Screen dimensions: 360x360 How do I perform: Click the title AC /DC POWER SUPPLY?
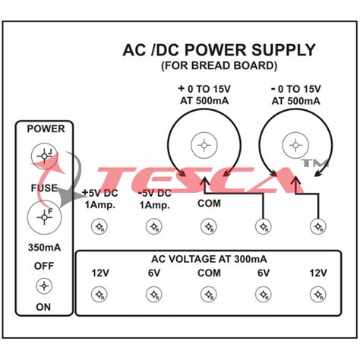coord(219,50)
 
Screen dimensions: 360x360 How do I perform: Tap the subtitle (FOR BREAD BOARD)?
coord(219,66)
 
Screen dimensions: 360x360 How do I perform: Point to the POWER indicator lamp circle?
coord(44,156)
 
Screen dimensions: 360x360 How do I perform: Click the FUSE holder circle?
coord(44,217)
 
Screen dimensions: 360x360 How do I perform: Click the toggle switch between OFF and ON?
coord(46,286)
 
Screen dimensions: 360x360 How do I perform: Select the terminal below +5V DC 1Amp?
coord(98,226)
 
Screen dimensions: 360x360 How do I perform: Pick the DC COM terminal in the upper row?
coord(208,226)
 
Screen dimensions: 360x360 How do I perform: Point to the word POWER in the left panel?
coord(46,129)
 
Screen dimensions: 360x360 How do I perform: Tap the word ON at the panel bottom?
coord(46,307)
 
